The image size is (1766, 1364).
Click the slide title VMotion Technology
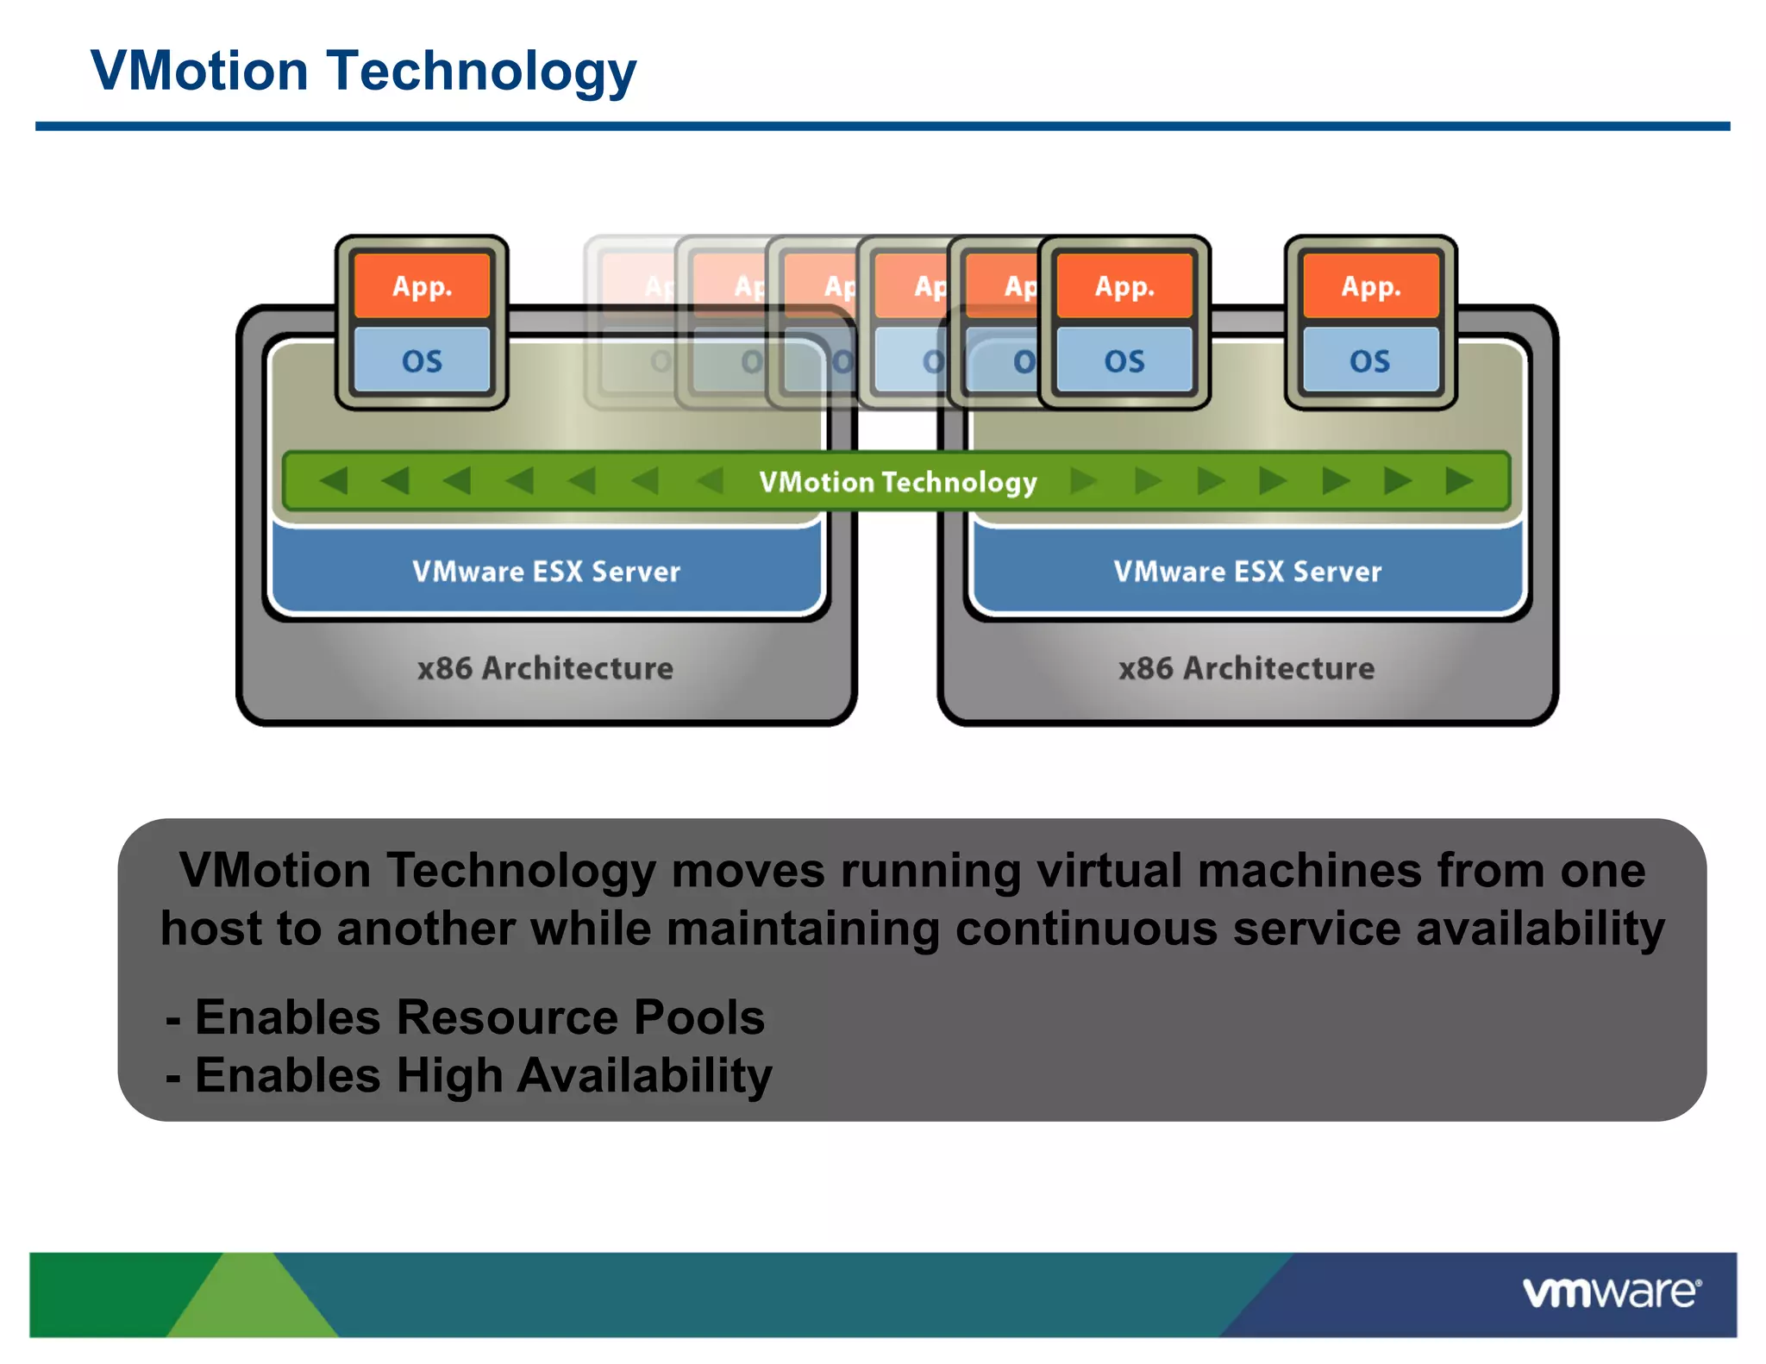point(363,71)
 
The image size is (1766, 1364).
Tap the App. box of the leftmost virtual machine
point(422,286)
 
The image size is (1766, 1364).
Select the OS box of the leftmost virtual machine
point(422,360)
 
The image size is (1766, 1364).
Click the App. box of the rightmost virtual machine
point(1370,286)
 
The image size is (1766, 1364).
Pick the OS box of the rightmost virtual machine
point(1370,360)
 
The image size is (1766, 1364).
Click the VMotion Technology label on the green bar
point(898,482)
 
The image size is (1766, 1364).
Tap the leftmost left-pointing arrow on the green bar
point(334,480)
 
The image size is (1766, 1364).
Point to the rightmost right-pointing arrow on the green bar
point(1459,480)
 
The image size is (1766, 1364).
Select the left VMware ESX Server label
point(546,572)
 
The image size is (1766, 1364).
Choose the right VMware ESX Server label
point(1247,572)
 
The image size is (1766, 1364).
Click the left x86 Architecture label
point(545,668)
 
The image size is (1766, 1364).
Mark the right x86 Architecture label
point(1246,668)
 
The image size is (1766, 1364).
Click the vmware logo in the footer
point(1611,1292)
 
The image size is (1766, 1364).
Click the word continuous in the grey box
point(1086,929)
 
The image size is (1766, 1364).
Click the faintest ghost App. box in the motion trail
point(638,286)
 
